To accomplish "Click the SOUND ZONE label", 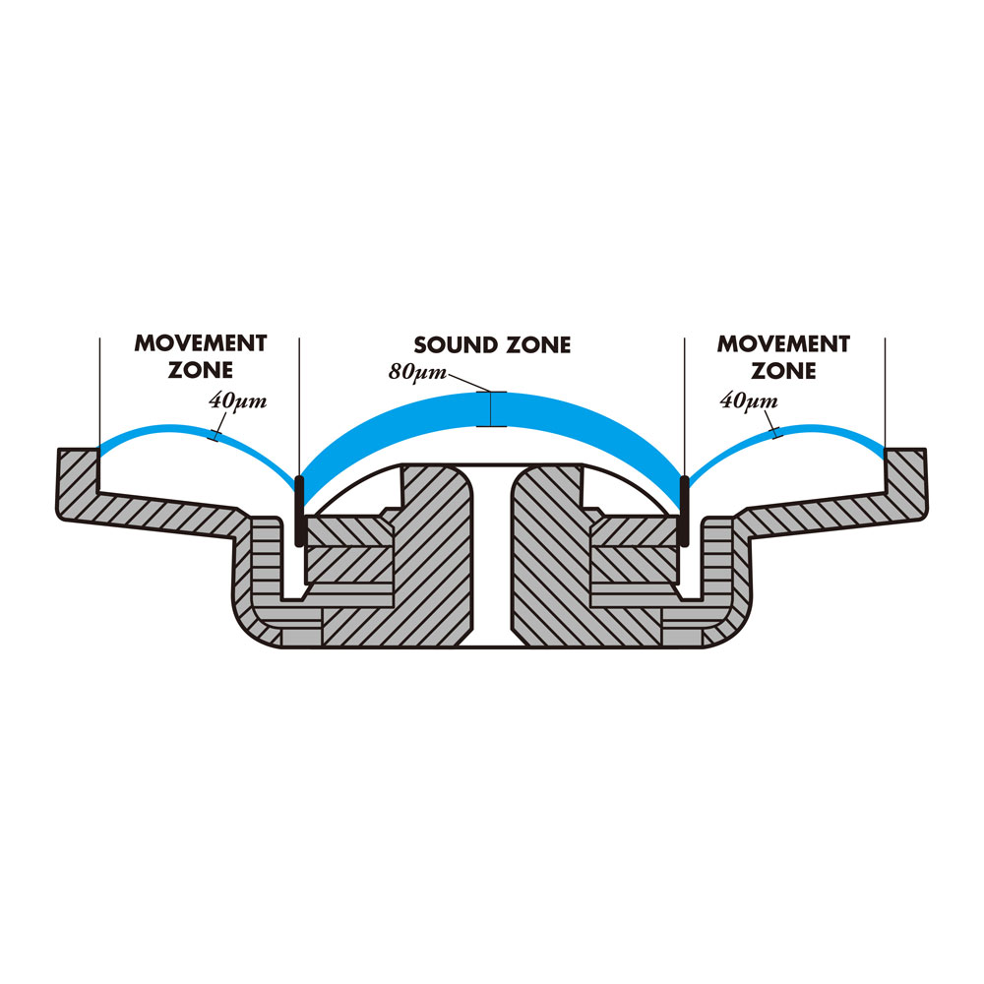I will [x=492, y=345].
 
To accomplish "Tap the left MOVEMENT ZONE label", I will [x=201, y=357].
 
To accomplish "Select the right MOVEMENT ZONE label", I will [x=783, y=357].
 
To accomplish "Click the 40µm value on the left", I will [x=237, y=400].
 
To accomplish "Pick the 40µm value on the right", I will [x=749, y=400].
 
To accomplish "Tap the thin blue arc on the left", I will [x=157, y=431].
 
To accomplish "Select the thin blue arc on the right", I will [x=827, y=429].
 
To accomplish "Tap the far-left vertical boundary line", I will [x=99, y=394].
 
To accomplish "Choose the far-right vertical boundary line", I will [x=886, y=394].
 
